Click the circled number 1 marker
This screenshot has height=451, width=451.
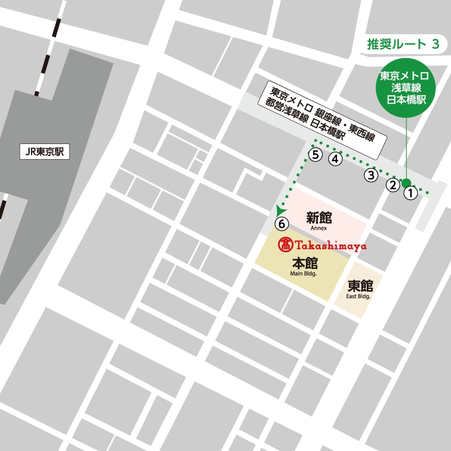(411, 192)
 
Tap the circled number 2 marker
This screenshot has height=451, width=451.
(392, 185)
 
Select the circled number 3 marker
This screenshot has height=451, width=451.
(371, 175)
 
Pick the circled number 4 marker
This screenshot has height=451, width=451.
(335, 159)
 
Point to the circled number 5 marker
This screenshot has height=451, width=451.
(315, 154)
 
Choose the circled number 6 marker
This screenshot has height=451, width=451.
(281, 223)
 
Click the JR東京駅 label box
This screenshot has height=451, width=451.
(45, 152)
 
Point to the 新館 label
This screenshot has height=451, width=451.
(319, 218)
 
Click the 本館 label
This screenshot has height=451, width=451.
(304, 264)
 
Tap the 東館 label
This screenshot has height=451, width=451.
(359, 286)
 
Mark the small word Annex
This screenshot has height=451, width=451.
(319, 228)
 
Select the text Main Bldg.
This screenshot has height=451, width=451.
(304, 274)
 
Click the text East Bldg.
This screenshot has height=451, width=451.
(359, 297)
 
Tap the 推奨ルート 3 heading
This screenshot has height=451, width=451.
(403, 45)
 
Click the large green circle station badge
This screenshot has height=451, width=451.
(405, 87)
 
